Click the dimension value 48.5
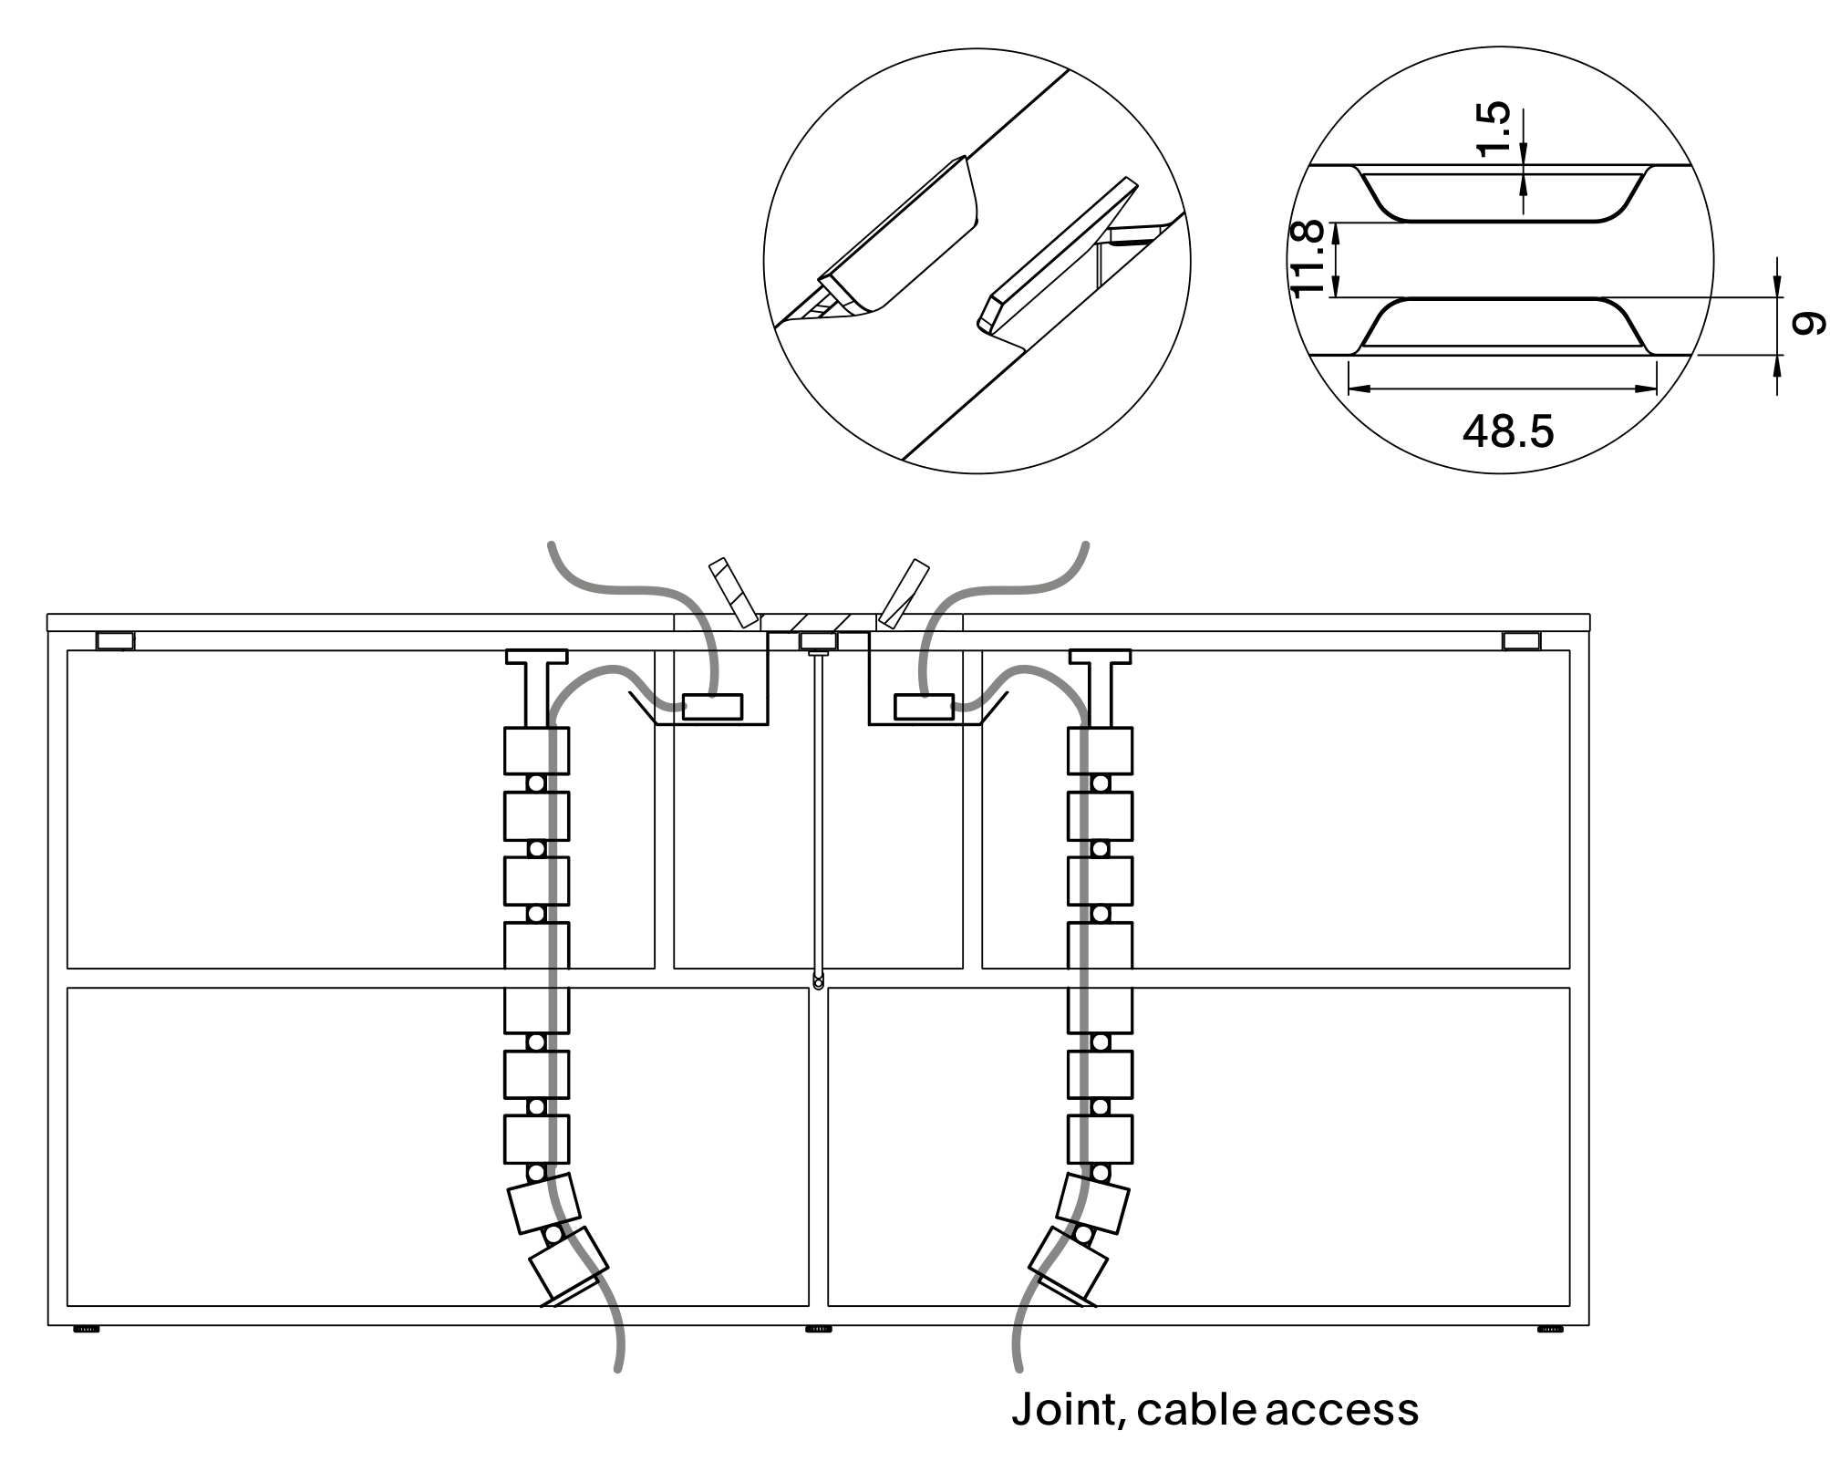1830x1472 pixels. (x=1507, y=431)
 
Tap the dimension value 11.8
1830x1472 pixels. (x=1308, y=259)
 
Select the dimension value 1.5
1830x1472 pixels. (x=1494, y=130)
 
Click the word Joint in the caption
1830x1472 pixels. (x=1063, y=1409)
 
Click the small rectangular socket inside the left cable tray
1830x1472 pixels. (x=712, y=707)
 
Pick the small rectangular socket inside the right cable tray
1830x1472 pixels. (x=924, y=707)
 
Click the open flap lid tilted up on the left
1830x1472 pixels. (x=734, y=593)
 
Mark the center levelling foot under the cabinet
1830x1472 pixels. (x=819, y=1330)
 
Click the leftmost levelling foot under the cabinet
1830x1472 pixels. (x=87, y=1330)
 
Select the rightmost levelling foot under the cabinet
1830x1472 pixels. (x=1550, y=1330)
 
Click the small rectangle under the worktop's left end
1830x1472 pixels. (x=116, y=641)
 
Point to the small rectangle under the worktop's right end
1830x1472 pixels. (x=1521, y=641)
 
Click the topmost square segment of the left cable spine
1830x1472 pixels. (x=536, y=751)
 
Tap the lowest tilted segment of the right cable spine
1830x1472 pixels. (x=1067, y=1264)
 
